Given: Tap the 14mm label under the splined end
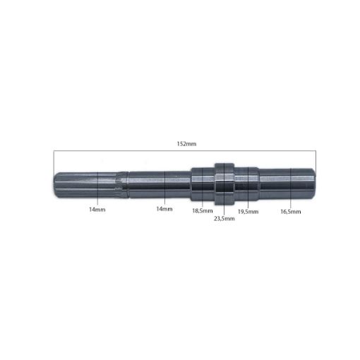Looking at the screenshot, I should (97, 210).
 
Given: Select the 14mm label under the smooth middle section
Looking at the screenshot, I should (163, 210).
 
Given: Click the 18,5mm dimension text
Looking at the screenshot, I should (202, 210).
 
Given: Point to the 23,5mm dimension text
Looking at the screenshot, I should (224, 218).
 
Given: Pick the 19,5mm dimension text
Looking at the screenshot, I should (247, 211).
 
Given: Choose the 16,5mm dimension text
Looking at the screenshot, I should (290, 211).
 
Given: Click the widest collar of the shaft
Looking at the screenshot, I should (224, 183).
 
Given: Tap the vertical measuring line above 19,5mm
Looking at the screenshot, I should (247, 185).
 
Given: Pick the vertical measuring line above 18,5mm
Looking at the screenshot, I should (202, 185).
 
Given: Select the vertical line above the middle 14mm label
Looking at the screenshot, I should (164, 185).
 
